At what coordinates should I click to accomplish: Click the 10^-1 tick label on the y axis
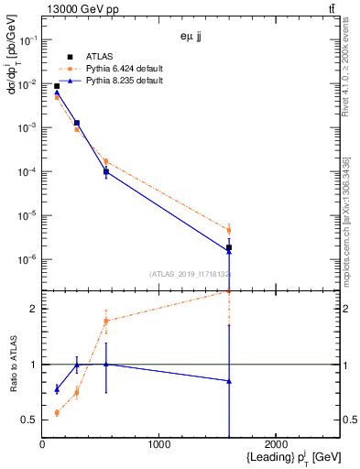point(27,39)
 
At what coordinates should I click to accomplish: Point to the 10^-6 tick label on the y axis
point(27,260)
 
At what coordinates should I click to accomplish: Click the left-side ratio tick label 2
point(34,309)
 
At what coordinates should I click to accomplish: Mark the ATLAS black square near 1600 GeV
point(229,247)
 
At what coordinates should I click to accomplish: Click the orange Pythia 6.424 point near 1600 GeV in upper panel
point(229,230)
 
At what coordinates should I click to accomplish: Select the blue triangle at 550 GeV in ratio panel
point(106,365)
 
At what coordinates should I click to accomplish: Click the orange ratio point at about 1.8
point(106,321)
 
